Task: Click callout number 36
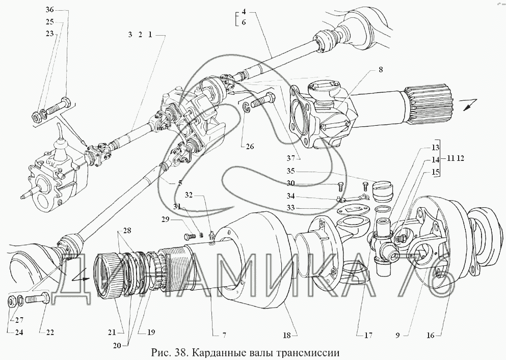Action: point(49,10)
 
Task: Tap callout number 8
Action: point(381,69)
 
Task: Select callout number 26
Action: point(250,147)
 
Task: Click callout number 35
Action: point(291,171)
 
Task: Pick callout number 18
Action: point(287,336)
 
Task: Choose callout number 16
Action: point(431,336)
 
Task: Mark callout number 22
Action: point(50,333)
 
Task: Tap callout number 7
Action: point(224,336)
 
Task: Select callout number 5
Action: point(180,183)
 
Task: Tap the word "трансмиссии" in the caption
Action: point(309,353)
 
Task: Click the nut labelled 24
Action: point(11,301)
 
